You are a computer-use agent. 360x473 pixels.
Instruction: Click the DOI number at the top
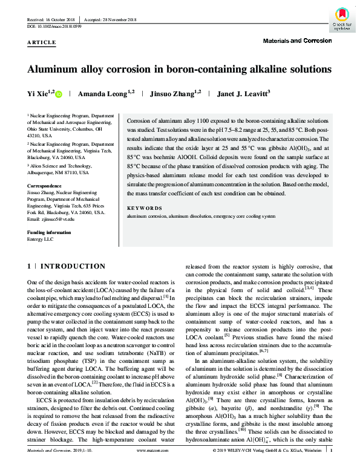57,27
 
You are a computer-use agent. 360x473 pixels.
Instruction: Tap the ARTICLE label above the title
42,43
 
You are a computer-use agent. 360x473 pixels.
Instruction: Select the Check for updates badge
341,18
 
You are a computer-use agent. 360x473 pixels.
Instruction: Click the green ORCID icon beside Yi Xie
59,94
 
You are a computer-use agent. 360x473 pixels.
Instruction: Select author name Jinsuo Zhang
171,94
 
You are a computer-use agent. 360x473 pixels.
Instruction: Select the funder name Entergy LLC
41,239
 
